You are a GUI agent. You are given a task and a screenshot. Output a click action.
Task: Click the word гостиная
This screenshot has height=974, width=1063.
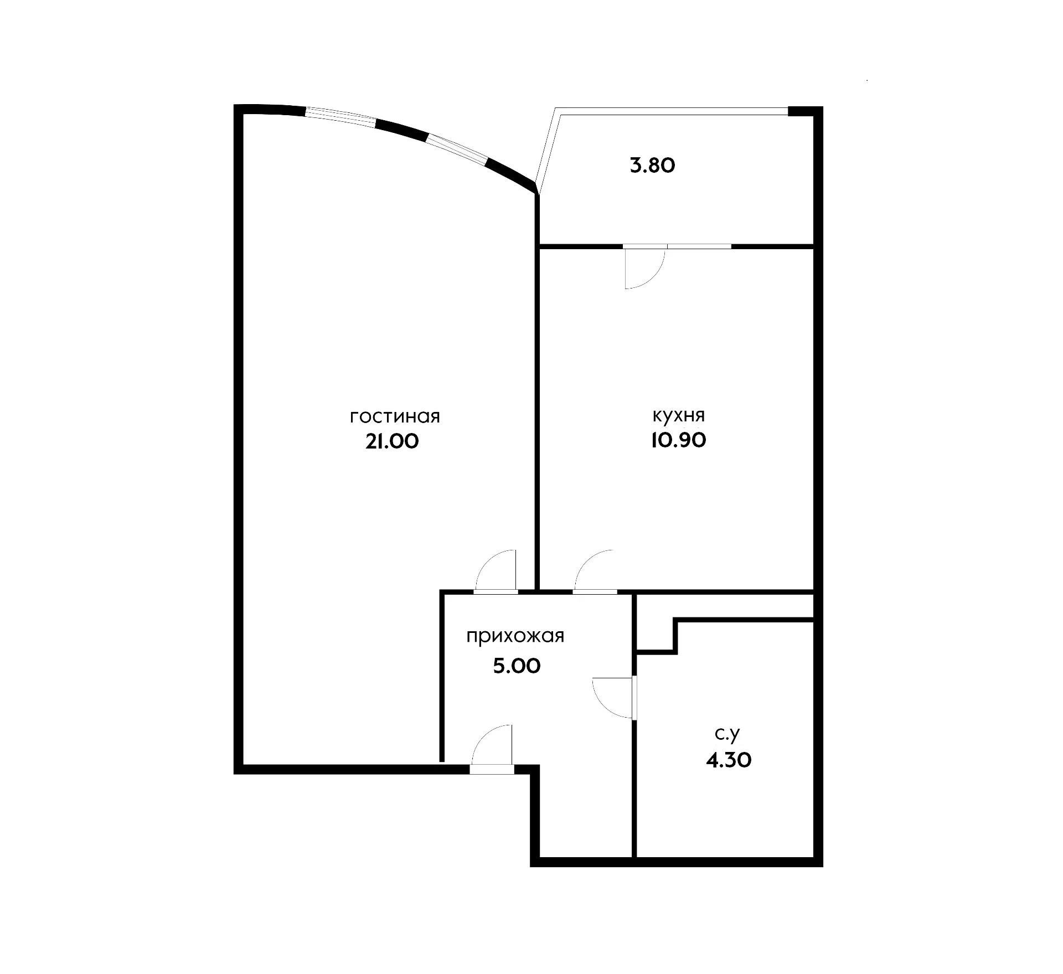(395, 416)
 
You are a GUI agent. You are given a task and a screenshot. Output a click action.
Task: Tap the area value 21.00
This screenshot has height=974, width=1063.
(392, 441)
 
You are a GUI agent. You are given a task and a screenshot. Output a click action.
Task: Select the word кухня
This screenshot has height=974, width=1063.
(678, 415)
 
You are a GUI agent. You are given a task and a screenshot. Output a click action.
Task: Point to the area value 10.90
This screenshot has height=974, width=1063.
(678, 440)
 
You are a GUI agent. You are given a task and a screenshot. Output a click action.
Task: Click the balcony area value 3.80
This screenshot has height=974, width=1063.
(653, 166)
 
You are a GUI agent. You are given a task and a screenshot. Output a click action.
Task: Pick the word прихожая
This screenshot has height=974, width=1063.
(515, 636)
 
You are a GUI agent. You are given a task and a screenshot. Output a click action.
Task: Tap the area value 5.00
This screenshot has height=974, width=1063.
(517, 666)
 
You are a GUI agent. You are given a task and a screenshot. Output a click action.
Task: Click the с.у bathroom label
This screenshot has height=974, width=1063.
(727, 734)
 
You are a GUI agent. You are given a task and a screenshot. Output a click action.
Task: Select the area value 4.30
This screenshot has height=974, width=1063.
(729, 760)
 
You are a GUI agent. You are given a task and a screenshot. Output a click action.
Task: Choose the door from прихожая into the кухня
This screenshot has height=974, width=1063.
(594, 571)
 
